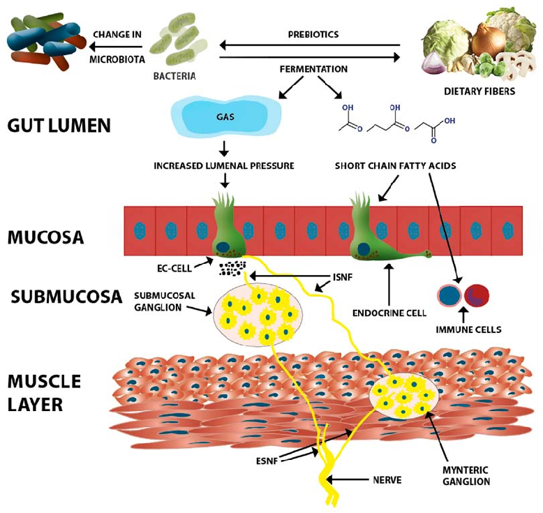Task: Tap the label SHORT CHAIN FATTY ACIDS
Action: click(395, 165)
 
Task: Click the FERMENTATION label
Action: click(313, 70)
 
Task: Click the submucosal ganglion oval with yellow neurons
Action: click(258, 315)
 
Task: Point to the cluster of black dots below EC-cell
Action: click(233, 269)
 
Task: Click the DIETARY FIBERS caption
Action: click(480, 91)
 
